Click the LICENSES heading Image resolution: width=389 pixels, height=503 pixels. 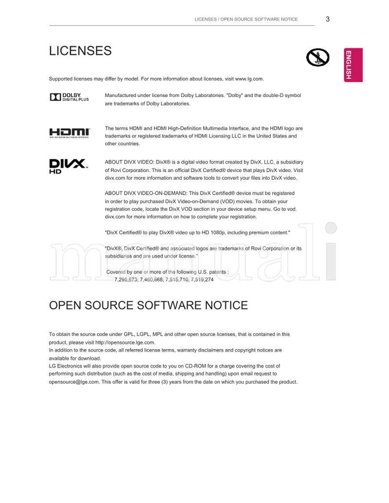pyautogui.click(x=80, y=51)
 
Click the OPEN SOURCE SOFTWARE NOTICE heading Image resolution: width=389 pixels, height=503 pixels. pyautogui.click(x=148, y=305)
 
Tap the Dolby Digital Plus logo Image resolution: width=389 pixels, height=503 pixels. pyautogui.click(x=69, y=97)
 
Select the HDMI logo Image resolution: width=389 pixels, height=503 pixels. pyautogui.click(x=70, y=133)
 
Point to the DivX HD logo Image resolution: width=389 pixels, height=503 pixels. pyautogui.click(x=68, y=166)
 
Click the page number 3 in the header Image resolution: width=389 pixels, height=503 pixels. pyautogui.click(x=328, y=19)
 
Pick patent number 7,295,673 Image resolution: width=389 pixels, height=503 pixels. pyautogui.click(x=126, y=280)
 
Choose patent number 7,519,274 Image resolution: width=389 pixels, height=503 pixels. pyautogui.click(x=202, y=280)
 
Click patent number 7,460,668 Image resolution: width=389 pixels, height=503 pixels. pyautogui.click(x=151, y=280)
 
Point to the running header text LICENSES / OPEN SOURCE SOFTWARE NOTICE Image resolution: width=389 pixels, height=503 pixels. pyautogui.click(x=246, y=19)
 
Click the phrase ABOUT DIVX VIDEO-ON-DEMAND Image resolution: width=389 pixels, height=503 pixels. pyautogui.click(x=145, y=193)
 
